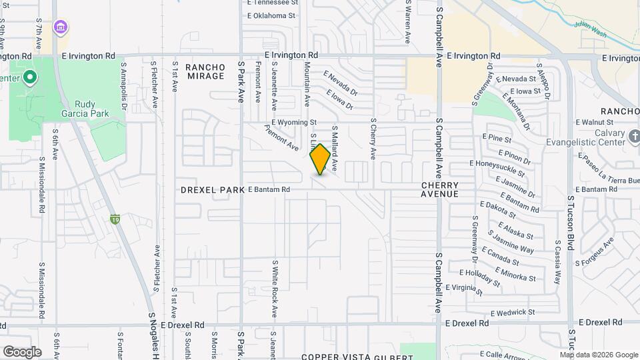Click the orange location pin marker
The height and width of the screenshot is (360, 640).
(320, 159)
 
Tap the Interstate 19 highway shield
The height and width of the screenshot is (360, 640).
(115, 218)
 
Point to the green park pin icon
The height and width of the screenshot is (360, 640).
(29, 78)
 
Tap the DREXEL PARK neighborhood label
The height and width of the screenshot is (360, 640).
(213, 190)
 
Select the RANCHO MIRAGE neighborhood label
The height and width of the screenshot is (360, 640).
(205, 71)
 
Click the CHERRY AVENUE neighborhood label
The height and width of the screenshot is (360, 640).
(439, 189)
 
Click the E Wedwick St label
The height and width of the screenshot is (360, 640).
(512, 312)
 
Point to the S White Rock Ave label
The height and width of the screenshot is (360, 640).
(274, 288)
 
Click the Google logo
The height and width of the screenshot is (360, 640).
(21, 351)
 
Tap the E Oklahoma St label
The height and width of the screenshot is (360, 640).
(271, 15)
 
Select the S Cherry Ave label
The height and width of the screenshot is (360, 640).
(373, 139)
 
